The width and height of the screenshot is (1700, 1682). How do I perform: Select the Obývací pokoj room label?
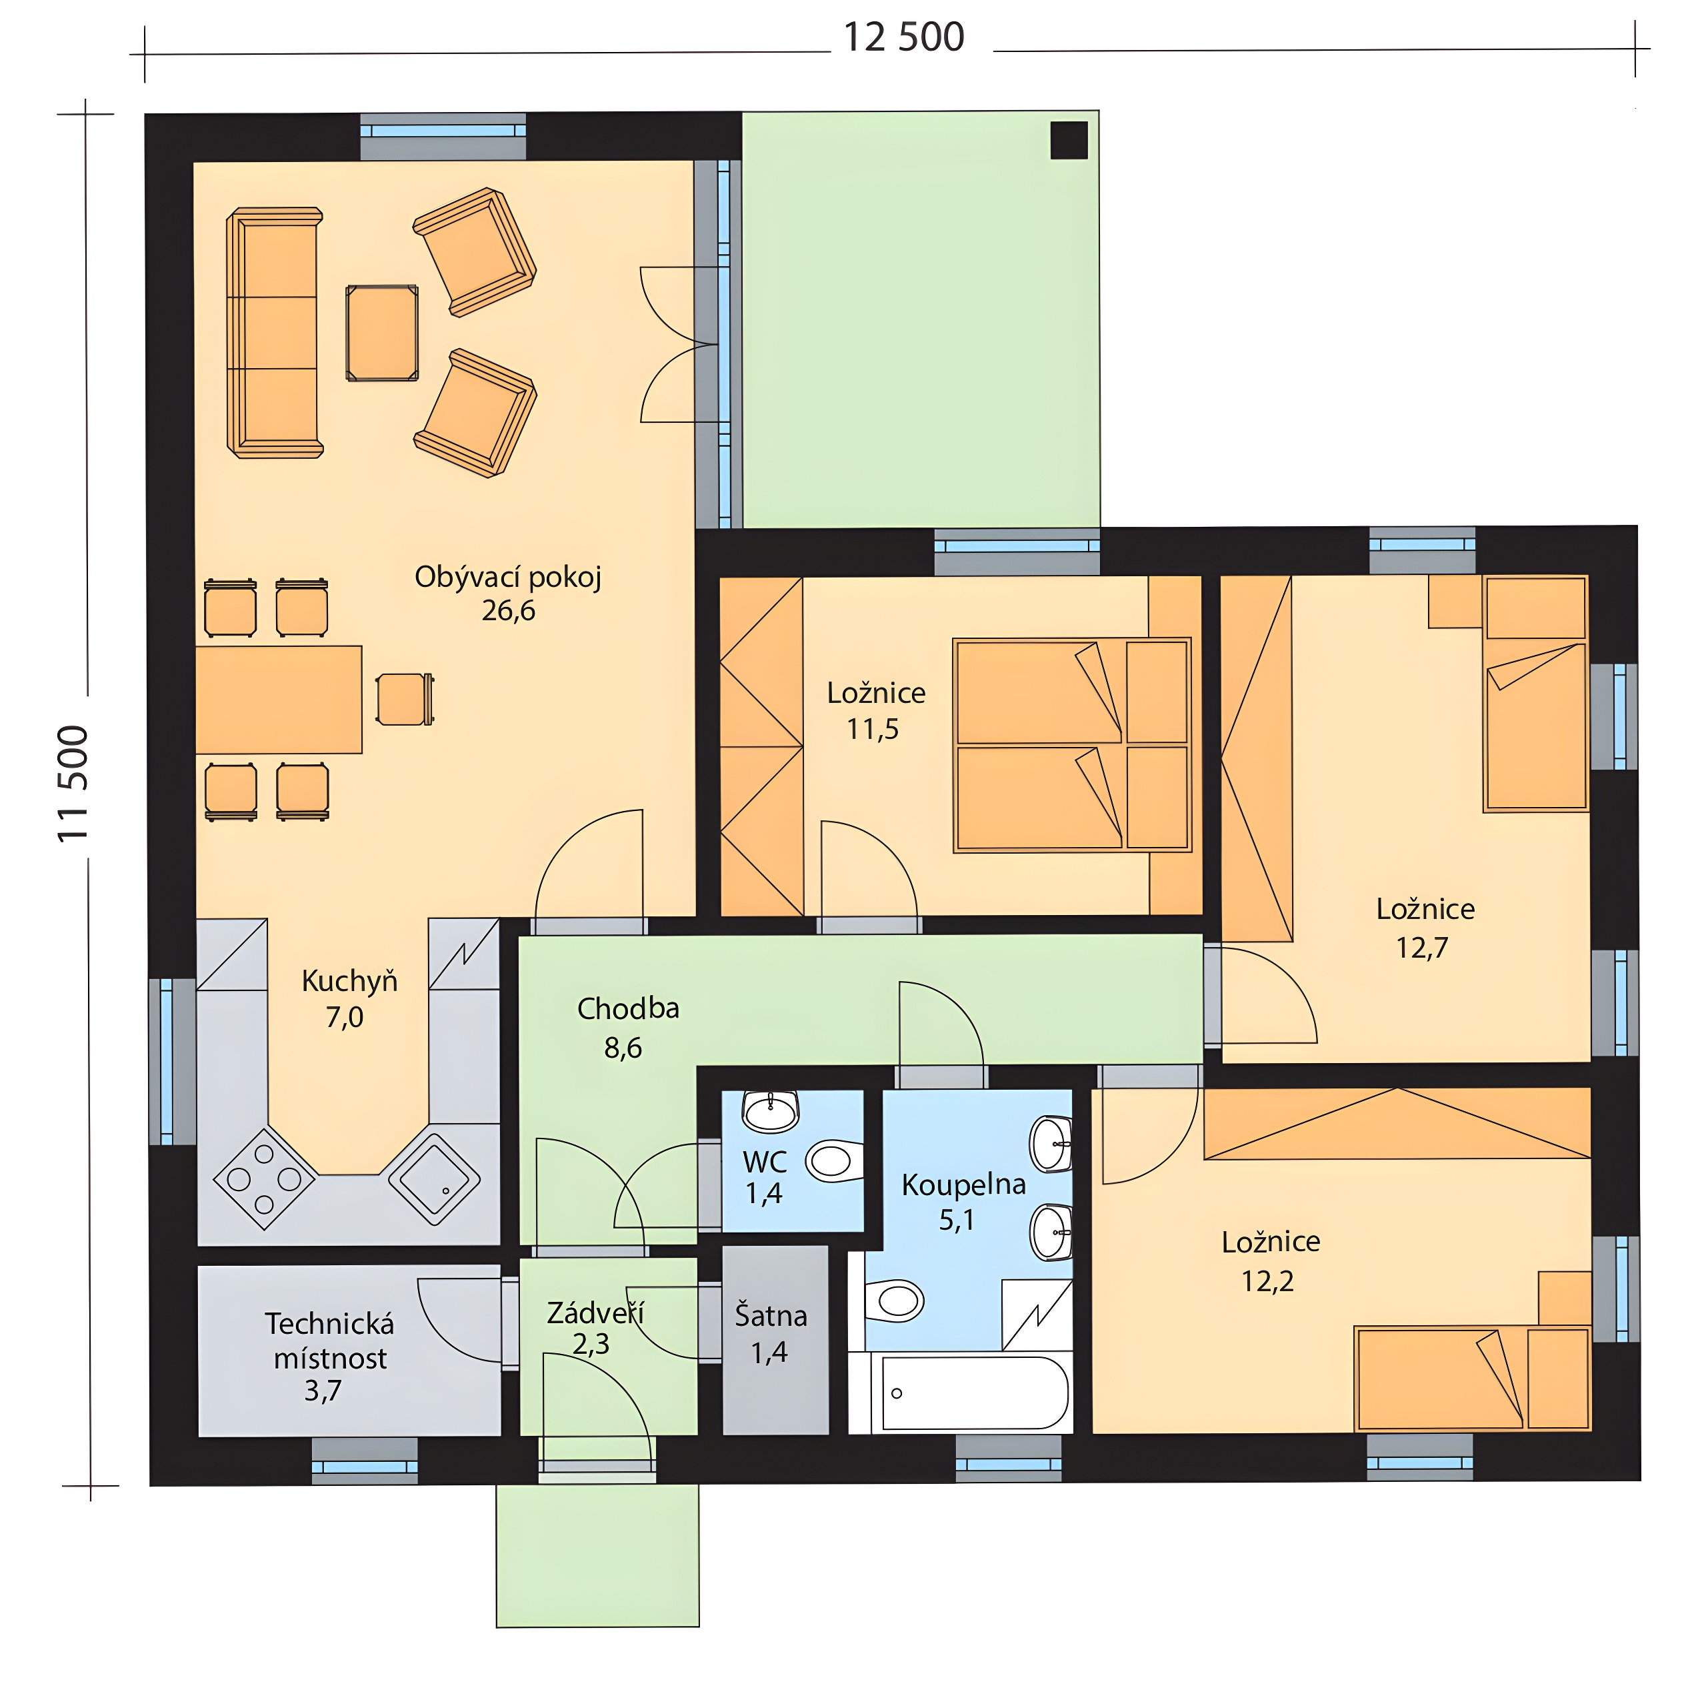pos(508,578)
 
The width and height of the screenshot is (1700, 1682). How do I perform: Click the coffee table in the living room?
pos(382,333)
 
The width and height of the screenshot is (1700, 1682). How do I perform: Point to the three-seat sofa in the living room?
pos(275,333)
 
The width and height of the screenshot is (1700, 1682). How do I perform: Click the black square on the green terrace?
pos(1069,140)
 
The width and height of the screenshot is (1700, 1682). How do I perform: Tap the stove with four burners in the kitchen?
pos(264,1178)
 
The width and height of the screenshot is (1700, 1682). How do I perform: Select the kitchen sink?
pos(435,1178)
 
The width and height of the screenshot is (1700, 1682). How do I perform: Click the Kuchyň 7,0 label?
pos(349,998)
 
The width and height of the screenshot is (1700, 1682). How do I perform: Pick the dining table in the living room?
pos(278,700)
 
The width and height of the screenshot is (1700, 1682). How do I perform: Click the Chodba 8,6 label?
pos(627,1027)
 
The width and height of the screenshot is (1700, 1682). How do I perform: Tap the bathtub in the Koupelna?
pos(974,1393)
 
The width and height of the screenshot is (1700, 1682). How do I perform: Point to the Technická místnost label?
pos(329,1341)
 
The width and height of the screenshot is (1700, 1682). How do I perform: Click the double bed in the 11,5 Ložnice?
pos(1072,744)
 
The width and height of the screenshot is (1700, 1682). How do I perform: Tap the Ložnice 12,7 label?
pos(1425,928)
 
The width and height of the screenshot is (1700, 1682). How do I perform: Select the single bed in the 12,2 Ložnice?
pos(1473,1379)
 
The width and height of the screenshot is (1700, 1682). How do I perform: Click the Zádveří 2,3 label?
pos(595,1328)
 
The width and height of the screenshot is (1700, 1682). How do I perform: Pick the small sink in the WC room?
pos(771,1110)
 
